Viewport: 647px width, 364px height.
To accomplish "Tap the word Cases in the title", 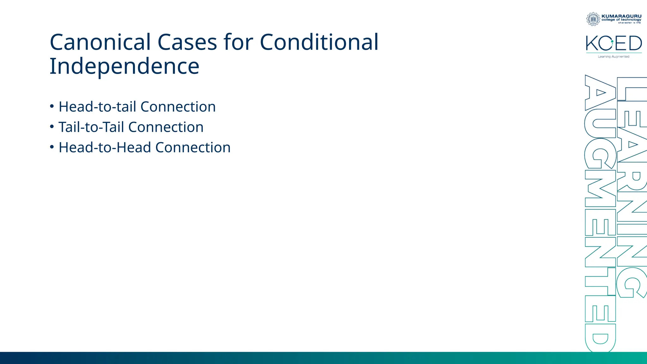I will tap(187, 42).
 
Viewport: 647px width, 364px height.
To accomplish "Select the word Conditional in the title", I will tap(319, 42).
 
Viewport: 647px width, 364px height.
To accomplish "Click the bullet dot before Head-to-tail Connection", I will tap(52, 106).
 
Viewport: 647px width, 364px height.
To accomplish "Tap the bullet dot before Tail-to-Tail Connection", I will tap(52, 126).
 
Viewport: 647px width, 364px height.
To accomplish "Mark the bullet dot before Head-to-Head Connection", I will tap(52, 147).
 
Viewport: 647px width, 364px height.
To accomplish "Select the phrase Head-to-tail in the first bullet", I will tap(97, 107).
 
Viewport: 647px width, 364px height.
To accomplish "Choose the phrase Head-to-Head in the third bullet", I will tap(105, 148).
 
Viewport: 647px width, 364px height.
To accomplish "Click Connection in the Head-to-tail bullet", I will tap(178, 107).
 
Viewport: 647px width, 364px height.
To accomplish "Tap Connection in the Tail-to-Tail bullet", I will tap(166, 127).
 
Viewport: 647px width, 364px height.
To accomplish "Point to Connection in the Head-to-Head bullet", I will tap(193, 148).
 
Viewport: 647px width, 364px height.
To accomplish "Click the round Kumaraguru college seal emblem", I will tap(593, 19).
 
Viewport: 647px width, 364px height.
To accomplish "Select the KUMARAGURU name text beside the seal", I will tap(621, 16).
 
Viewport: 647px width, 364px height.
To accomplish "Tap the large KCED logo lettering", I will tap(614, 43).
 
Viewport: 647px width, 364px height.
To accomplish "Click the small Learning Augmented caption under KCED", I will tap(614, 57).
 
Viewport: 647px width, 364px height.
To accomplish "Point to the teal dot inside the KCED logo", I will tap(612, 41).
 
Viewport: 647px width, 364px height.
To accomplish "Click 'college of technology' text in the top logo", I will tap(621, 20).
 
